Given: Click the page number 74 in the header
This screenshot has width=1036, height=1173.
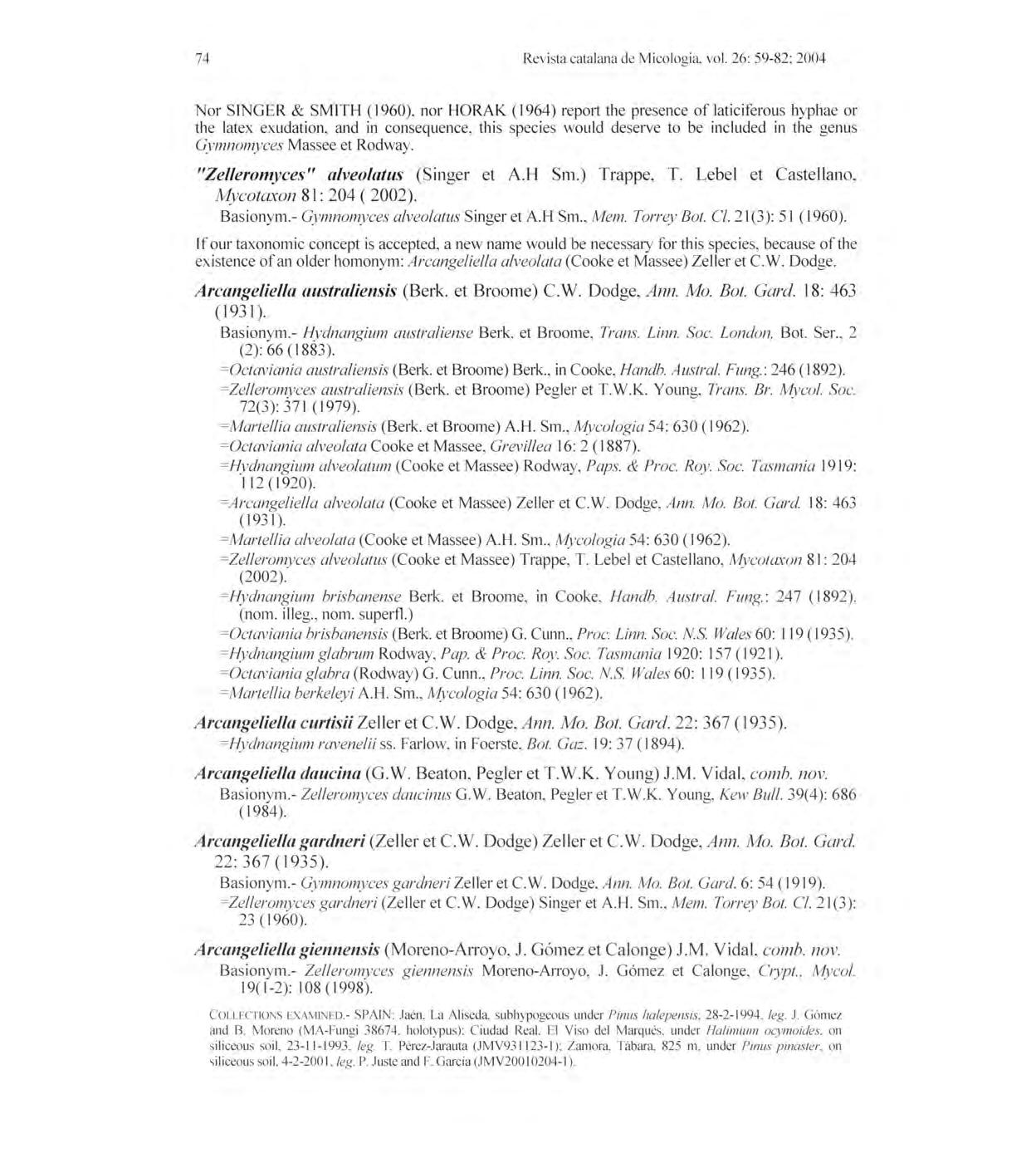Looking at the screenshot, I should coord(201,58).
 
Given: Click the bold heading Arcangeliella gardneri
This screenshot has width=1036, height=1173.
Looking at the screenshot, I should coord(280,841).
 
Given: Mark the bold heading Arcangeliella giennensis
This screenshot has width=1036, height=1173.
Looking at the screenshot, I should coord(287,949).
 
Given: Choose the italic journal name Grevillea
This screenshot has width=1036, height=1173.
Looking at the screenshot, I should coord(541,446).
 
